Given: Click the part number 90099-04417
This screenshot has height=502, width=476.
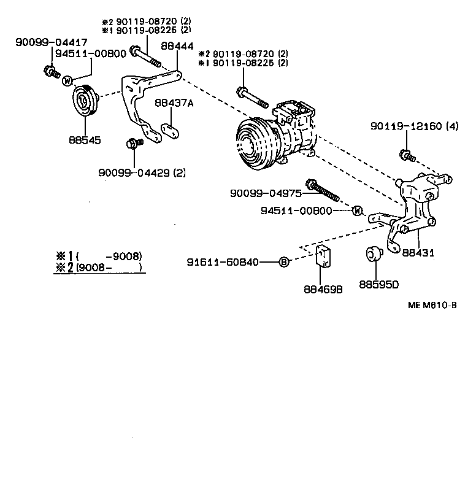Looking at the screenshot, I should point(44,42).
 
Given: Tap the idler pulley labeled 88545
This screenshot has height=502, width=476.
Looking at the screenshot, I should point(84,100).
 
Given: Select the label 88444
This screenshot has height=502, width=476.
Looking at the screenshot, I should point(177,46).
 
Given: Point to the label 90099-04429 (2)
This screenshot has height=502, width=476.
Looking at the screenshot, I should point(142,172).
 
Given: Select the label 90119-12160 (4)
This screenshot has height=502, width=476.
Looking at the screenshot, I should point(414,126).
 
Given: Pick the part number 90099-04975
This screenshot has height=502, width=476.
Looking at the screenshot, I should point(266,193).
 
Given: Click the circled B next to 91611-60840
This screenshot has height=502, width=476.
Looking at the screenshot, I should point(283,262).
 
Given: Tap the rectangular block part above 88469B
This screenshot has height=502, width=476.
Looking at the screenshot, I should point(324,257).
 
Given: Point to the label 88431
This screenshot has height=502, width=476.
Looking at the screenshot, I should point(418,252).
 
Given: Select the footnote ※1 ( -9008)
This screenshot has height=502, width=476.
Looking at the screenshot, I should point(98,256).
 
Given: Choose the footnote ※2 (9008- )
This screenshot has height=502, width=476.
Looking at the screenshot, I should point(98,267).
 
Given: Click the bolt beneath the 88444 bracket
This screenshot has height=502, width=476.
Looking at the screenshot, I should point(132,144).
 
